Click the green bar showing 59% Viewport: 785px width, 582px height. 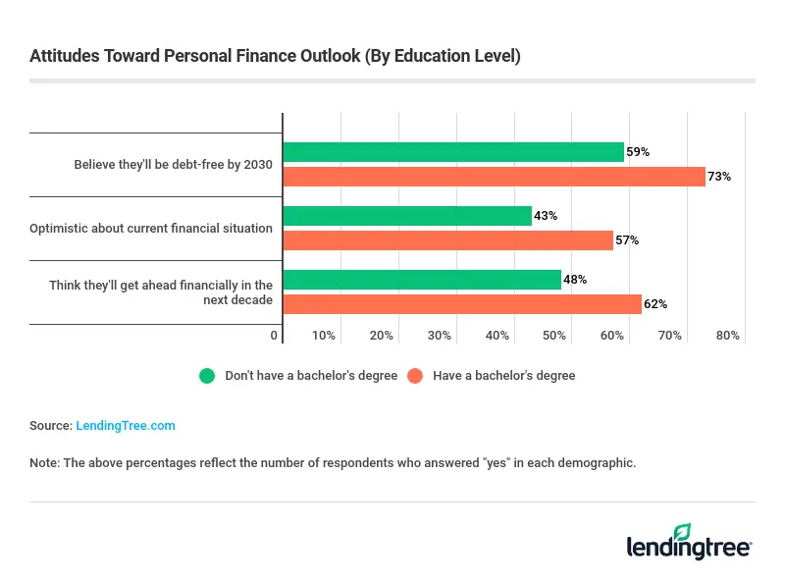pyautogui.click(x=453, y=152)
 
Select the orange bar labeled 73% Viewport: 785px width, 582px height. pyautogui.click(x=494, y=177)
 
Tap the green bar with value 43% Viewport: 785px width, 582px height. pyautogui.click(x=407, y=216)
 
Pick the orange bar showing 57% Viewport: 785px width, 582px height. pyautogui.click(x=447, y=240)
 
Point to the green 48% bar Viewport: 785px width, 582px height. pyautogui.click(x=422, y=280)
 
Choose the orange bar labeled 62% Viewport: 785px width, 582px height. pyautogui.click(x=462, y=304)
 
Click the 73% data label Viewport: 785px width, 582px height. pyautogui.click(x=720, y=177)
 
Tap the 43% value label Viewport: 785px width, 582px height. pyautogui.click(x=546, y=216)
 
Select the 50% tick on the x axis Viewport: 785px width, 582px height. pyautogui.click(x=554, y=336)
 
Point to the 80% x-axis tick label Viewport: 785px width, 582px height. pyautogui.click(x=727, y=336)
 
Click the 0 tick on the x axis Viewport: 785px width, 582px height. pyautogui.click(x=275, y=336)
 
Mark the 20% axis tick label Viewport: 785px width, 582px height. pyautogui.click(x=381, y=336)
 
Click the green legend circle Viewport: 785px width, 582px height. pyautogui.click(x=207, y=376)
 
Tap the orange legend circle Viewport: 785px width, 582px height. pyautogui.click(x=415, y=376)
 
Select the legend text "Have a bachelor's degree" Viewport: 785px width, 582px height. pyautogui.click(x=503, y=376)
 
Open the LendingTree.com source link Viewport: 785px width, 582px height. pyautogui.click(x=125, y=426)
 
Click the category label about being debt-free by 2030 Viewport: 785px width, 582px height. pyautogui.click(x=173, y=165)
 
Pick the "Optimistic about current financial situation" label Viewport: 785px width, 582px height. pyautogui.click(x=151, y=229)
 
